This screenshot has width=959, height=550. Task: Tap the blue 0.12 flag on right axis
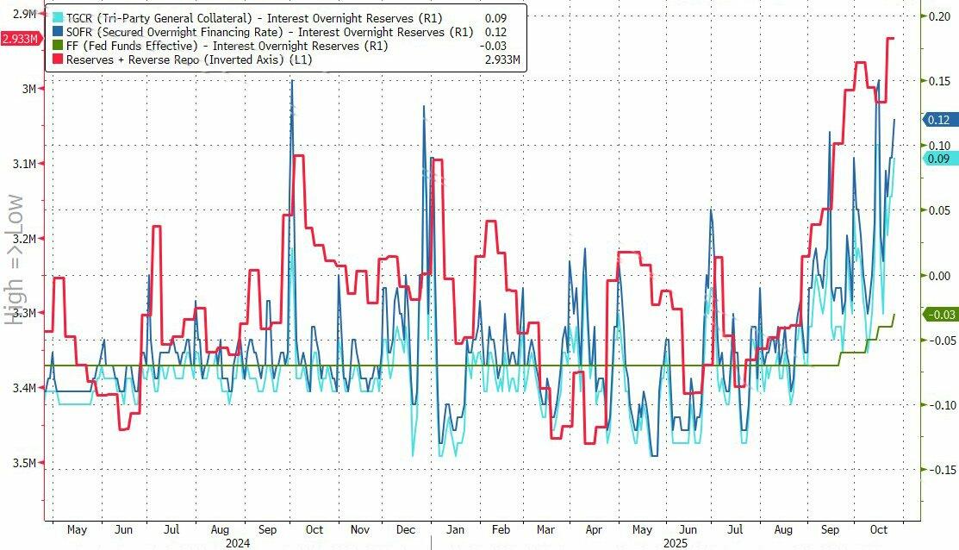pos(938,120)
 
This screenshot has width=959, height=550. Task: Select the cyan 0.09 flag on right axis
pos(938,159)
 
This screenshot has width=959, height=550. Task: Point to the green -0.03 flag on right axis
pos(938,316)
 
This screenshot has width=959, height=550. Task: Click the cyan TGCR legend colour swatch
pos(59,17)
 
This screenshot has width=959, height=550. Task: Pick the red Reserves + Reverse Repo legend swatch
pos(59,59)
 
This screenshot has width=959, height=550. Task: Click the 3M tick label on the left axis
pos(28,89)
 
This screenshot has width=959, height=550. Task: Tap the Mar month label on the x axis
pos(545,528)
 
